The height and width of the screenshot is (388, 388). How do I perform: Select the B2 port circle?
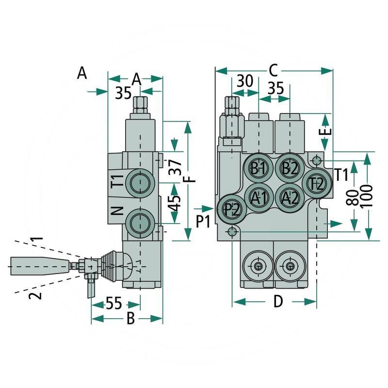pos(290,168)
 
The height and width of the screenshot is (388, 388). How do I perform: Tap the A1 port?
pos(259,197)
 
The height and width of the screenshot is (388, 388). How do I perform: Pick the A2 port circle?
pos(290,197)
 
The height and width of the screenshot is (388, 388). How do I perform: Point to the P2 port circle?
pos(231,210)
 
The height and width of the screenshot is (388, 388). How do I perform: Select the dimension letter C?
pos(273,71)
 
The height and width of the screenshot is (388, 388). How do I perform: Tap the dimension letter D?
pos(277,302)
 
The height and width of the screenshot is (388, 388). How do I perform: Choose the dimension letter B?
pos(130,318)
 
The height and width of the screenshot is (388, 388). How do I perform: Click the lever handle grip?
pos(39,266)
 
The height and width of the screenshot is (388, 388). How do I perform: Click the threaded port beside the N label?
pos(141,224)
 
